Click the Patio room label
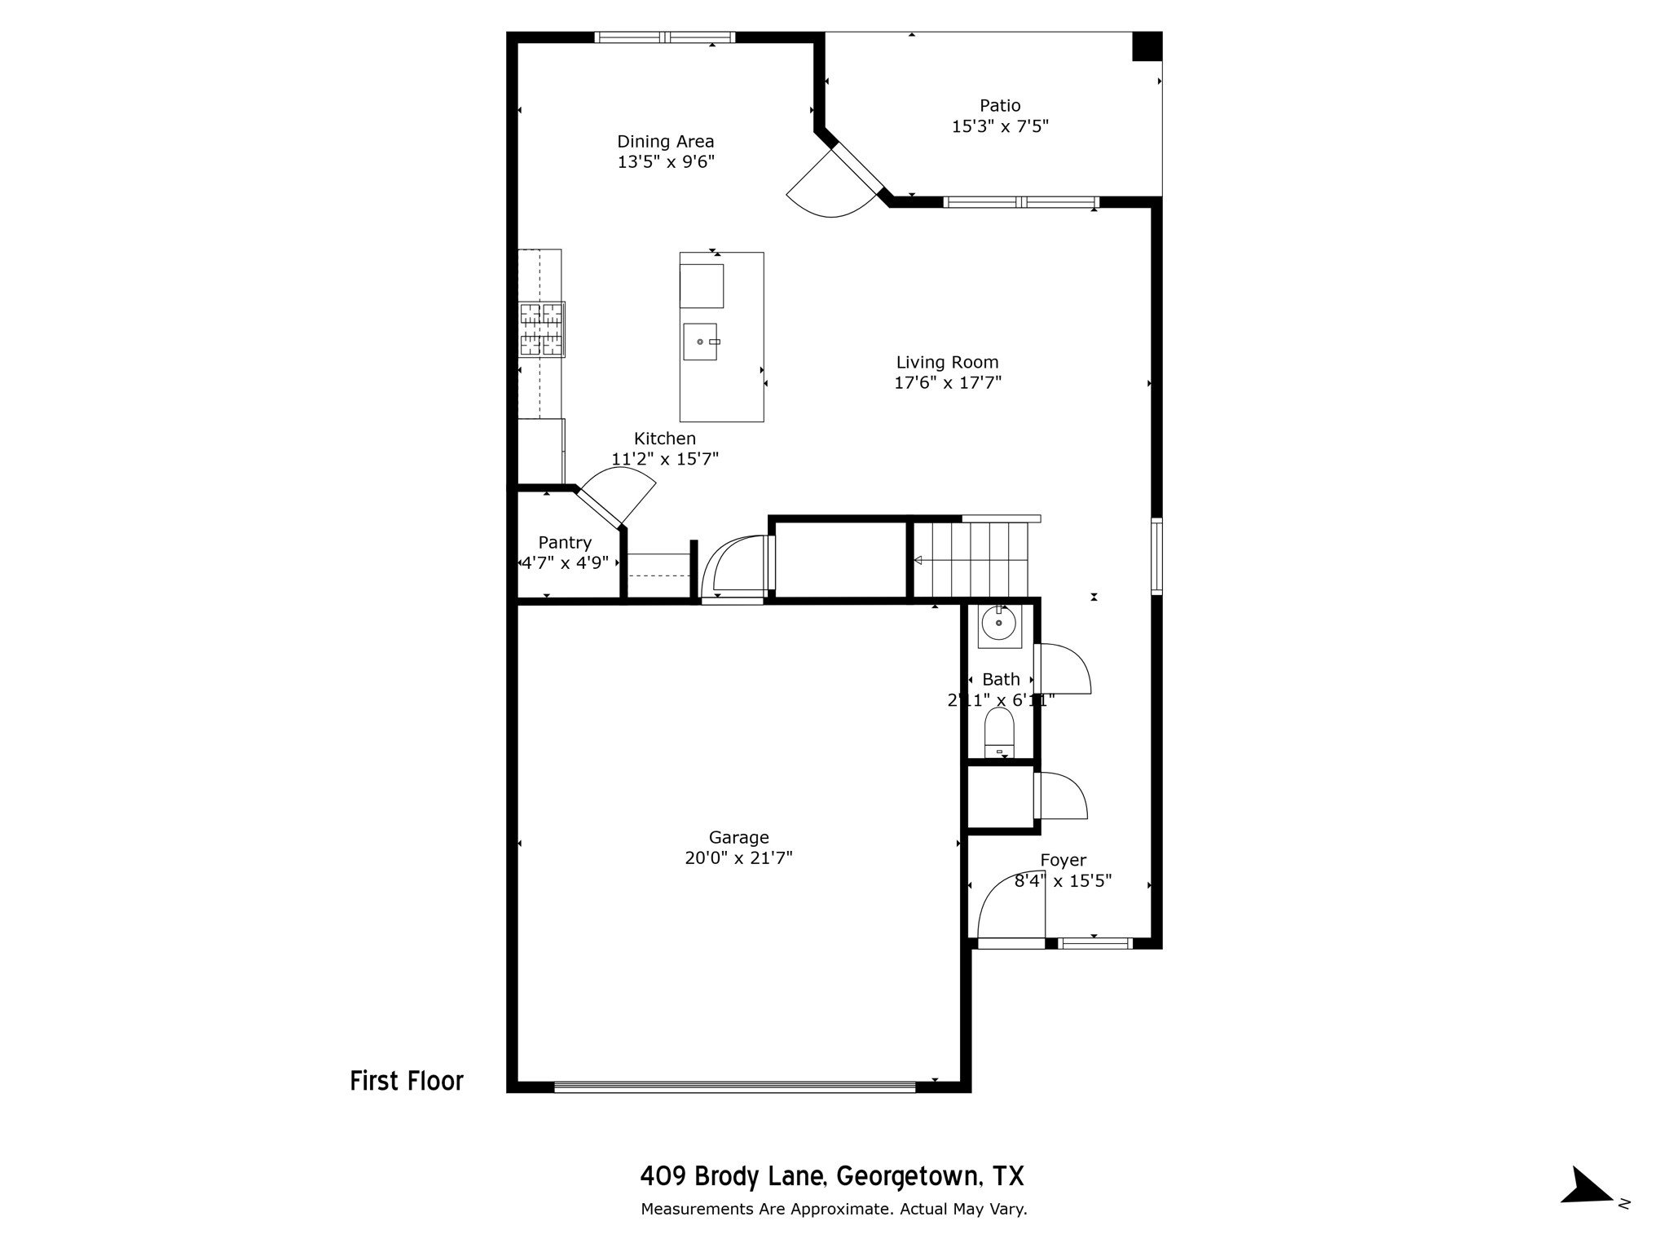1000,106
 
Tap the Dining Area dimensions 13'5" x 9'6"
666,162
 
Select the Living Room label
947,362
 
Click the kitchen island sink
700,342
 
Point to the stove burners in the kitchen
542,329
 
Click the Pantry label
565,543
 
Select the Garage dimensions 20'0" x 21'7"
738,857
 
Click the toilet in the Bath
999,731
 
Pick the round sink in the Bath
998,624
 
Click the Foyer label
1063,860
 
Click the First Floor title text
407,1081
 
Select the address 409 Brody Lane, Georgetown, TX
832,1176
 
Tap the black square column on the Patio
1147,46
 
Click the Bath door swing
1063,668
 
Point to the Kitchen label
665,439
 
